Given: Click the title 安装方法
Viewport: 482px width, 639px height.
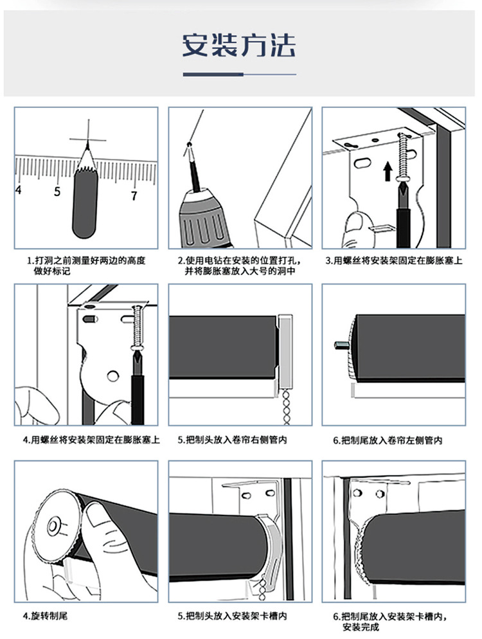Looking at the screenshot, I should click(x=239, y=45).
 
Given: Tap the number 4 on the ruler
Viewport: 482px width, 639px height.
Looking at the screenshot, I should click(x=18, y=190).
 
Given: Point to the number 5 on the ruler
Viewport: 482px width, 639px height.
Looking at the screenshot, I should click(x=57, y=191).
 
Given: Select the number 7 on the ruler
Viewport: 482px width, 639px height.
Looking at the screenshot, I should click(x=134, y=195).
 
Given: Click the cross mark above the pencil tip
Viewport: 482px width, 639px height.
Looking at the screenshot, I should click(x=87, y=139).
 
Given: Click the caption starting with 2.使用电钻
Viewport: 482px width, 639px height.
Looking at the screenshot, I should click(x=239, y=266).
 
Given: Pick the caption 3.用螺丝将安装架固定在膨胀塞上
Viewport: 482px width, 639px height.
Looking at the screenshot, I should click(x=393, y=261).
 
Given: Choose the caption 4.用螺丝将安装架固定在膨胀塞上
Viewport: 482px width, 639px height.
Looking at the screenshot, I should click(x=91, y=440).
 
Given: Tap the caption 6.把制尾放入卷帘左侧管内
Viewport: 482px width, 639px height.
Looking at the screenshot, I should click(x=388, y=440).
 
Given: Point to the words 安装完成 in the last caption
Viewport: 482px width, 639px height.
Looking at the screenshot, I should click(x=361, y=627).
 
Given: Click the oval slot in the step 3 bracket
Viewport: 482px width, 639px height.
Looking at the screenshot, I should click(x=362, y=164).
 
